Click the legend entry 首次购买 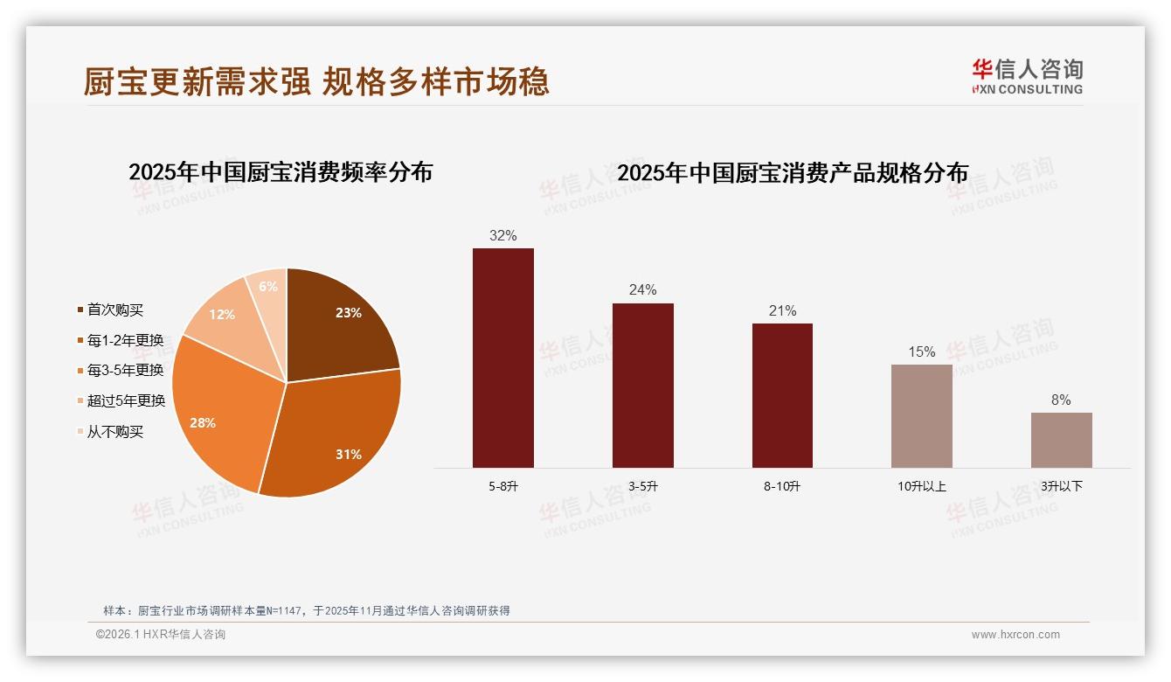114,310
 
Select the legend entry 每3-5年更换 125,371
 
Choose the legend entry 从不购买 114,432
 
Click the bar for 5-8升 503,358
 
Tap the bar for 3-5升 642,386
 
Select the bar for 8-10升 782,395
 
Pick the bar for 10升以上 921,416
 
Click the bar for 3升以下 1061,440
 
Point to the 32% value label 503,235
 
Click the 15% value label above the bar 921,351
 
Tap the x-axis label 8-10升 781,486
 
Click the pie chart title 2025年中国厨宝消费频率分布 281,172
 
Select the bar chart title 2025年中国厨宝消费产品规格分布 792,173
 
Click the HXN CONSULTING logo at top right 1027,77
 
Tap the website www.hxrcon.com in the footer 1015,635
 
